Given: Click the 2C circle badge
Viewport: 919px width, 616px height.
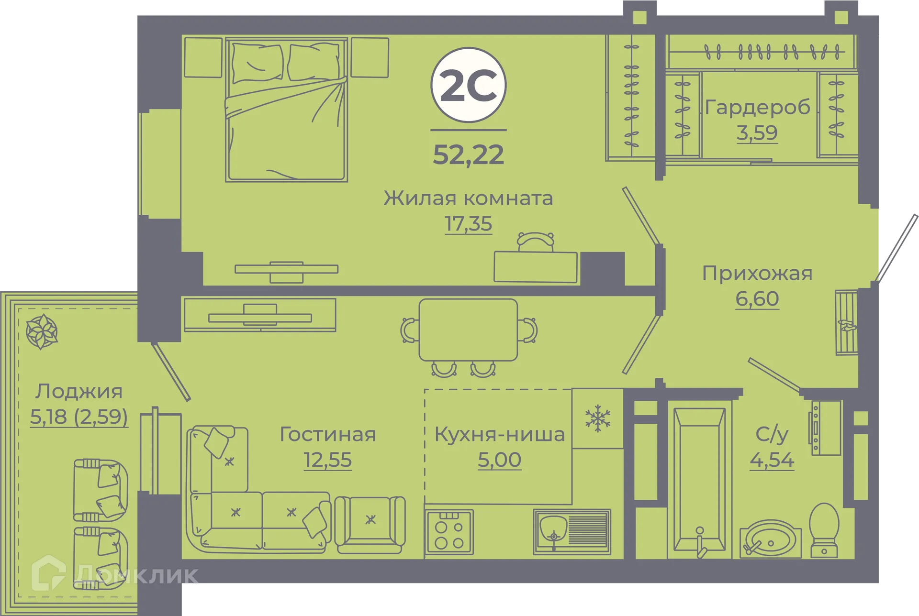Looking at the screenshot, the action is coord(469,85).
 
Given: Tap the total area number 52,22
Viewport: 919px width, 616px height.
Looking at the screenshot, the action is coord(469,154).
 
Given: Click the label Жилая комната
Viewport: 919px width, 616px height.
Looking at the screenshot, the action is coord(468,198).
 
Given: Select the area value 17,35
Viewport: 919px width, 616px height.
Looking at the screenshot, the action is coord(468,223).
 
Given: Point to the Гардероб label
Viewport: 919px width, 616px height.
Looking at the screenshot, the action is coord(757,107).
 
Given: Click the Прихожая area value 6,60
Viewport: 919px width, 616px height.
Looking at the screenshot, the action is coord(757,298).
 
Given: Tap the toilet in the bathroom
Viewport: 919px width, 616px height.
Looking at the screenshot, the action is coord(824,530).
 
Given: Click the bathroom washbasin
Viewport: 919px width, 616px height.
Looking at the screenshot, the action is coord(771,539).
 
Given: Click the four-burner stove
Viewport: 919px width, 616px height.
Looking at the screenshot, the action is coord(449,532).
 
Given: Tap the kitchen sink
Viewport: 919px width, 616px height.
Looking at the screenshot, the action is coord(572,531).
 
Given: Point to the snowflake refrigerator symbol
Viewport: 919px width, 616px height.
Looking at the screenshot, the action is coord(598,418).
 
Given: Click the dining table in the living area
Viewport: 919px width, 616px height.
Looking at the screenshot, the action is coord(468,330).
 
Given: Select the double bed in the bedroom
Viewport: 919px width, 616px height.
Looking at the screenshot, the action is coord(286,110).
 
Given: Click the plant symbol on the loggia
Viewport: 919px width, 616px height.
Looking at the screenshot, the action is coord(42,331).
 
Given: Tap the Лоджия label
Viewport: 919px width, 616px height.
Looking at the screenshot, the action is coord(79,391).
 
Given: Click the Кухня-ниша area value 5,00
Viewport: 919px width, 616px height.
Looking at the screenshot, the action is coord(499,460).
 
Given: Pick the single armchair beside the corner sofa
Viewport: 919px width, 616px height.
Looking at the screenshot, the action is coord(370,525).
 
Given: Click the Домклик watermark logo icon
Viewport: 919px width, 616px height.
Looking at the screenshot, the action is coord(48,572).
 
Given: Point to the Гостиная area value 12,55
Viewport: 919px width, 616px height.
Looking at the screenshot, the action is coord(328,460).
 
